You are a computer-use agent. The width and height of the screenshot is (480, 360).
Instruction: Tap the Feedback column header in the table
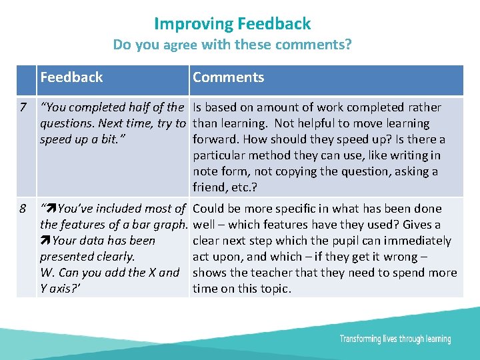coord(71,77)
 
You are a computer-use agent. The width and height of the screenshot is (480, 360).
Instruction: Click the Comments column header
coord(228,77)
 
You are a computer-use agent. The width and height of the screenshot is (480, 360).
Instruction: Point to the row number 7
coord(24,107)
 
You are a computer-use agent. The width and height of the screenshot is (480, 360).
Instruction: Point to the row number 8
coord(24,209)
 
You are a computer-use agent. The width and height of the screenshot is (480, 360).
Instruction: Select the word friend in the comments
coord(210,187)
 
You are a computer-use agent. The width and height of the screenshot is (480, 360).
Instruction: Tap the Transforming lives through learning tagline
coord(395,339)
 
